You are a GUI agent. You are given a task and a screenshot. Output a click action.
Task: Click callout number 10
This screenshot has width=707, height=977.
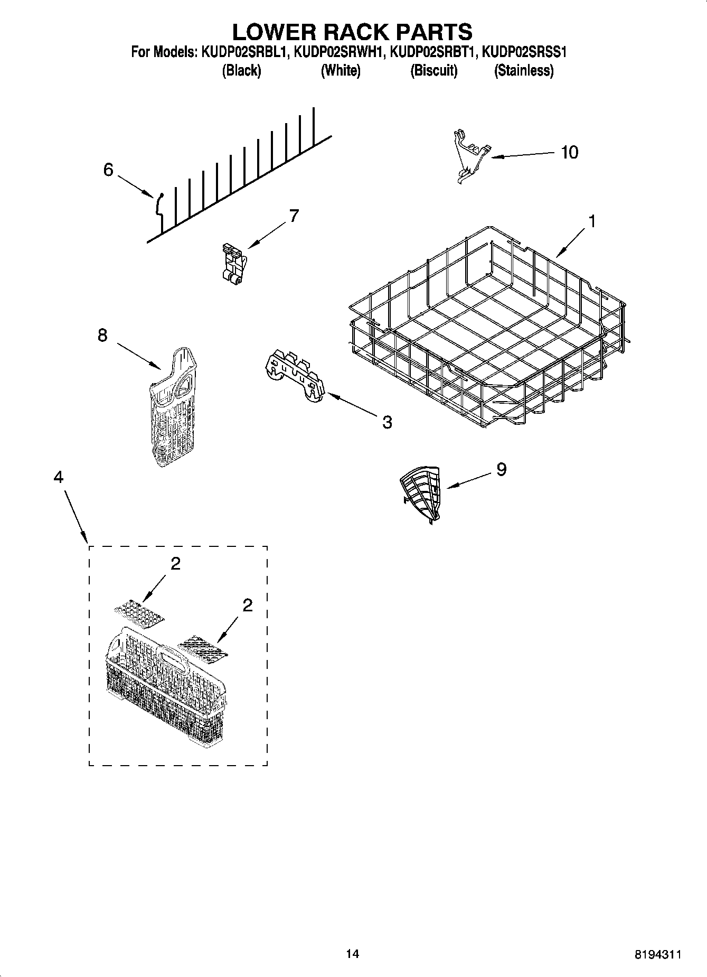569,152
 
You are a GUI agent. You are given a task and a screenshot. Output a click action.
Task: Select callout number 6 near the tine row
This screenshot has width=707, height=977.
108,170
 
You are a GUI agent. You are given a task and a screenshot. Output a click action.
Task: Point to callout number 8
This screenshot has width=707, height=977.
102,335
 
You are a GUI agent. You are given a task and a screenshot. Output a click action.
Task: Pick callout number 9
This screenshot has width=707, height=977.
501,469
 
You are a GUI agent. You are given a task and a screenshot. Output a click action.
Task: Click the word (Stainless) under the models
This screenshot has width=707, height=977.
523,70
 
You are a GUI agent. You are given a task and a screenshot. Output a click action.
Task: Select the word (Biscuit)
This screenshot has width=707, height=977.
433,70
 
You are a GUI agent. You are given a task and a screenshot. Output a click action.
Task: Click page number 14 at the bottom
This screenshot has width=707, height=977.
353,954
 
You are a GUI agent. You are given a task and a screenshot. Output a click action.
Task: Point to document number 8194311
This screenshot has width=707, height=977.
657,955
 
